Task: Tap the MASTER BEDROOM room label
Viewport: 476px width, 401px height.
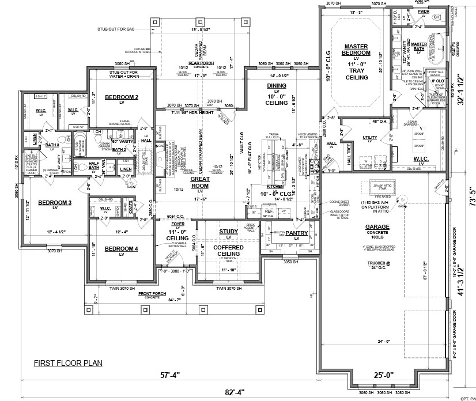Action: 356,50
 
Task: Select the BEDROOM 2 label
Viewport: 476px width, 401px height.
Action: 122,97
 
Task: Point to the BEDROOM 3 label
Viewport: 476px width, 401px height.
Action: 55,203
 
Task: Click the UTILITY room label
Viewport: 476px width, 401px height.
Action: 369,137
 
